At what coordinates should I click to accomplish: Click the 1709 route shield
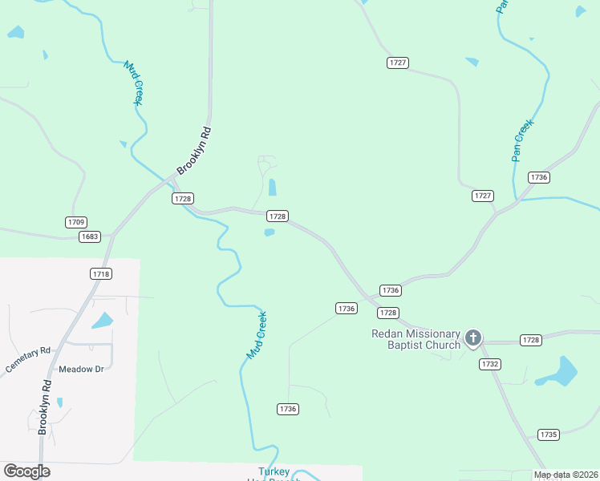click(x=76, y=222)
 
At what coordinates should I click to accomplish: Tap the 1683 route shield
click(x=89, y=236)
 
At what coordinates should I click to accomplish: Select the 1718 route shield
click(x=101, y=273)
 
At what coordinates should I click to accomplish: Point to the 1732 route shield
click(x=490, y=364)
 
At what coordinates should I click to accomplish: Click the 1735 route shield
click(x=549, y=435)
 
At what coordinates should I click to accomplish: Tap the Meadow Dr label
click(x=82, y=370)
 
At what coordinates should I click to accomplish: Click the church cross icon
click(x=473, y=338)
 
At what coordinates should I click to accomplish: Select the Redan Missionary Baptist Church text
click(x=416, y=339)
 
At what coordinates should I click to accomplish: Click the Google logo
click(x=26, y=471)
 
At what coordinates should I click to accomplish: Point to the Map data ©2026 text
click(x=566, y=475)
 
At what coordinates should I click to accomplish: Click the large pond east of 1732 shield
click(x=557, y=372)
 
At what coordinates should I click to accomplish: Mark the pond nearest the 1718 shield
click(x=102, y=321)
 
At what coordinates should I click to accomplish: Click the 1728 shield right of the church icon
click(x=531, y=340)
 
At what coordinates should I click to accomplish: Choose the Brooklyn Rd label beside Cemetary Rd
click(x=46, y=406)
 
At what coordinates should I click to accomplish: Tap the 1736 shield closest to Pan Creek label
click(x=539, y=177)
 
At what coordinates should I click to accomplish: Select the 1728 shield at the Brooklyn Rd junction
click(x=183, y=198)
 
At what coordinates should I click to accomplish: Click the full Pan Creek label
click(x=522, y=140)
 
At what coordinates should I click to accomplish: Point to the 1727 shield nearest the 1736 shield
click(x=483, y=196)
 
